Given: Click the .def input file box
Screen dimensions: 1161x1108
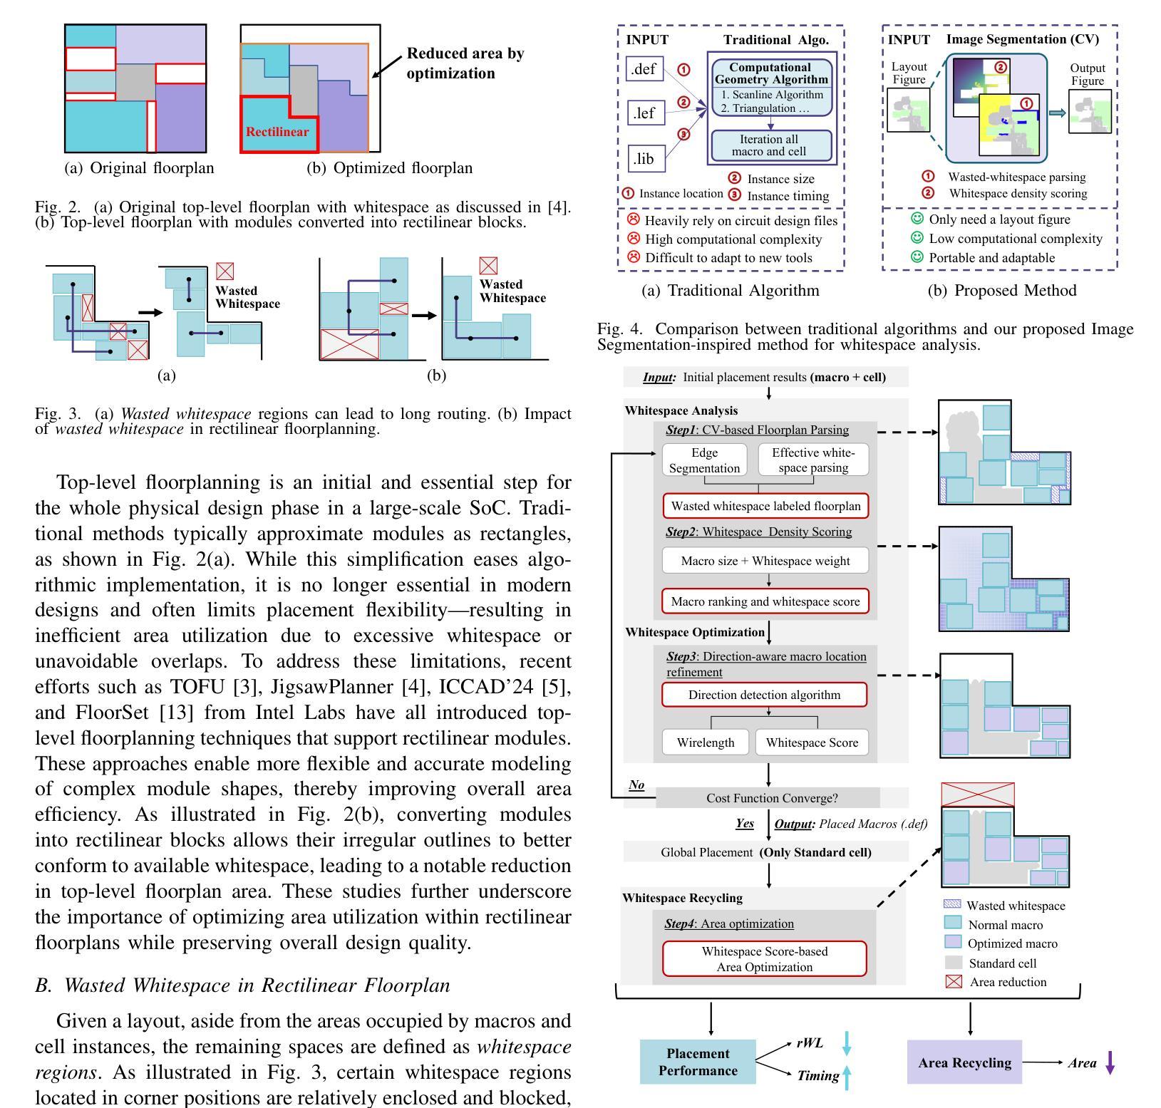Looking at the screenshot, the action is [x=645, y=70].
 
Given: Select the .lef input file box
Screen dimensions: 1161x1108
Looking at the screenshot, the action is [x=645, y=113].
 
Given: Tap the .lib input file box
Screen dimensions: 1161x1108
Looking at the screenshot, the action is [x=645, y=158].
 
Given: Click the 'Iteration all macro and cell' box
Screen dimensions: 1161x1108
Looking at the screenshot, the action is [x=769, y=145].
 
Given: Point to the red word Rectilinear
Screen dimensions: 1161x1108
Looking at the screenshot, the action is [x=277, y=132].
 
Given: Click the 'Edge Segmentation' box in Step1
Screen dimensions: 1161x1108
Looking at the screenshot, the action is [x=705, y=460].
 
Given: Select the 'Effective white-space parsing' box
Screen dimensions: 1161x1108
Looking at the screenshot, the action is [x=813, y=460].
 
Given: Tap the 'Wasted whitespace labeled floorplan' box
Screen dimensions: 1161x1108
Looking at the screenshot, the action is [x=766, y=506].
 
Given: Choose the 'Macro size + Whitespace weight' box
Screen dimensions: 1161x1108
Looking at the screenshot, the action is [x=765, y=560].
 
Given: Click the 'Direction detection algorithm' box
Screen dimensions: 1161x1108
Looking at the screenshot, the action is [x=765, y=695].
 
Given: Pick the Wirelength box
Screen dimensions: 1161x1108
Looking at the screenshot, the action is [x=706, y=742].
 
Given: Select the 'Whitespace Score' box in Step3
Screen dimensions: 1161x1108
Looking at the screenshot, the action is [x=812, y=742].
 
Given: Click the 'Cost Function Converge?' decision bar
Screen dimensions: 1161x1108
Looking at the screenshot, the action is [x=768, y=798].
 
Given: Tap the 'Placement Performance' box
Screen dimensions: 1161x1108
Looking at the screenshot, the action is [x=698, y=1062].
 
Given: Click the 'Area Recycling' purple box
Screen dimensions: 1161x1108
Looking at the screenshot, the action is [x=964, y=1062].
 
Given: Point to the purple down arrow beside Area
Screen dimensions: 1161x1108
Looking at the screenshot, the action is [x=1110, y=1063].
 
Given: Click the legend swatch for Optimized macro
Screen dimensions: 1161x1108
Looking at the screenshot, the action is [x=953, y=942].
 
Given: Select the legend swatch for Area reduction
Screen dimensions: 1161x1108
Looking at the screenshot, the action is [x=953, y=981].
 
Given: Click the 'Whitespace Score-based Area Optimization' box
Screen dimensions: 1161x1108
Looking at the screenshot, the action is [x=765, y=959].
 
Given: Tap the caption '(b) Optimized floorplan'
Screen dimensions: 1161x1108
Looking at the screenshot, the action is [x=389, y=168].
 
